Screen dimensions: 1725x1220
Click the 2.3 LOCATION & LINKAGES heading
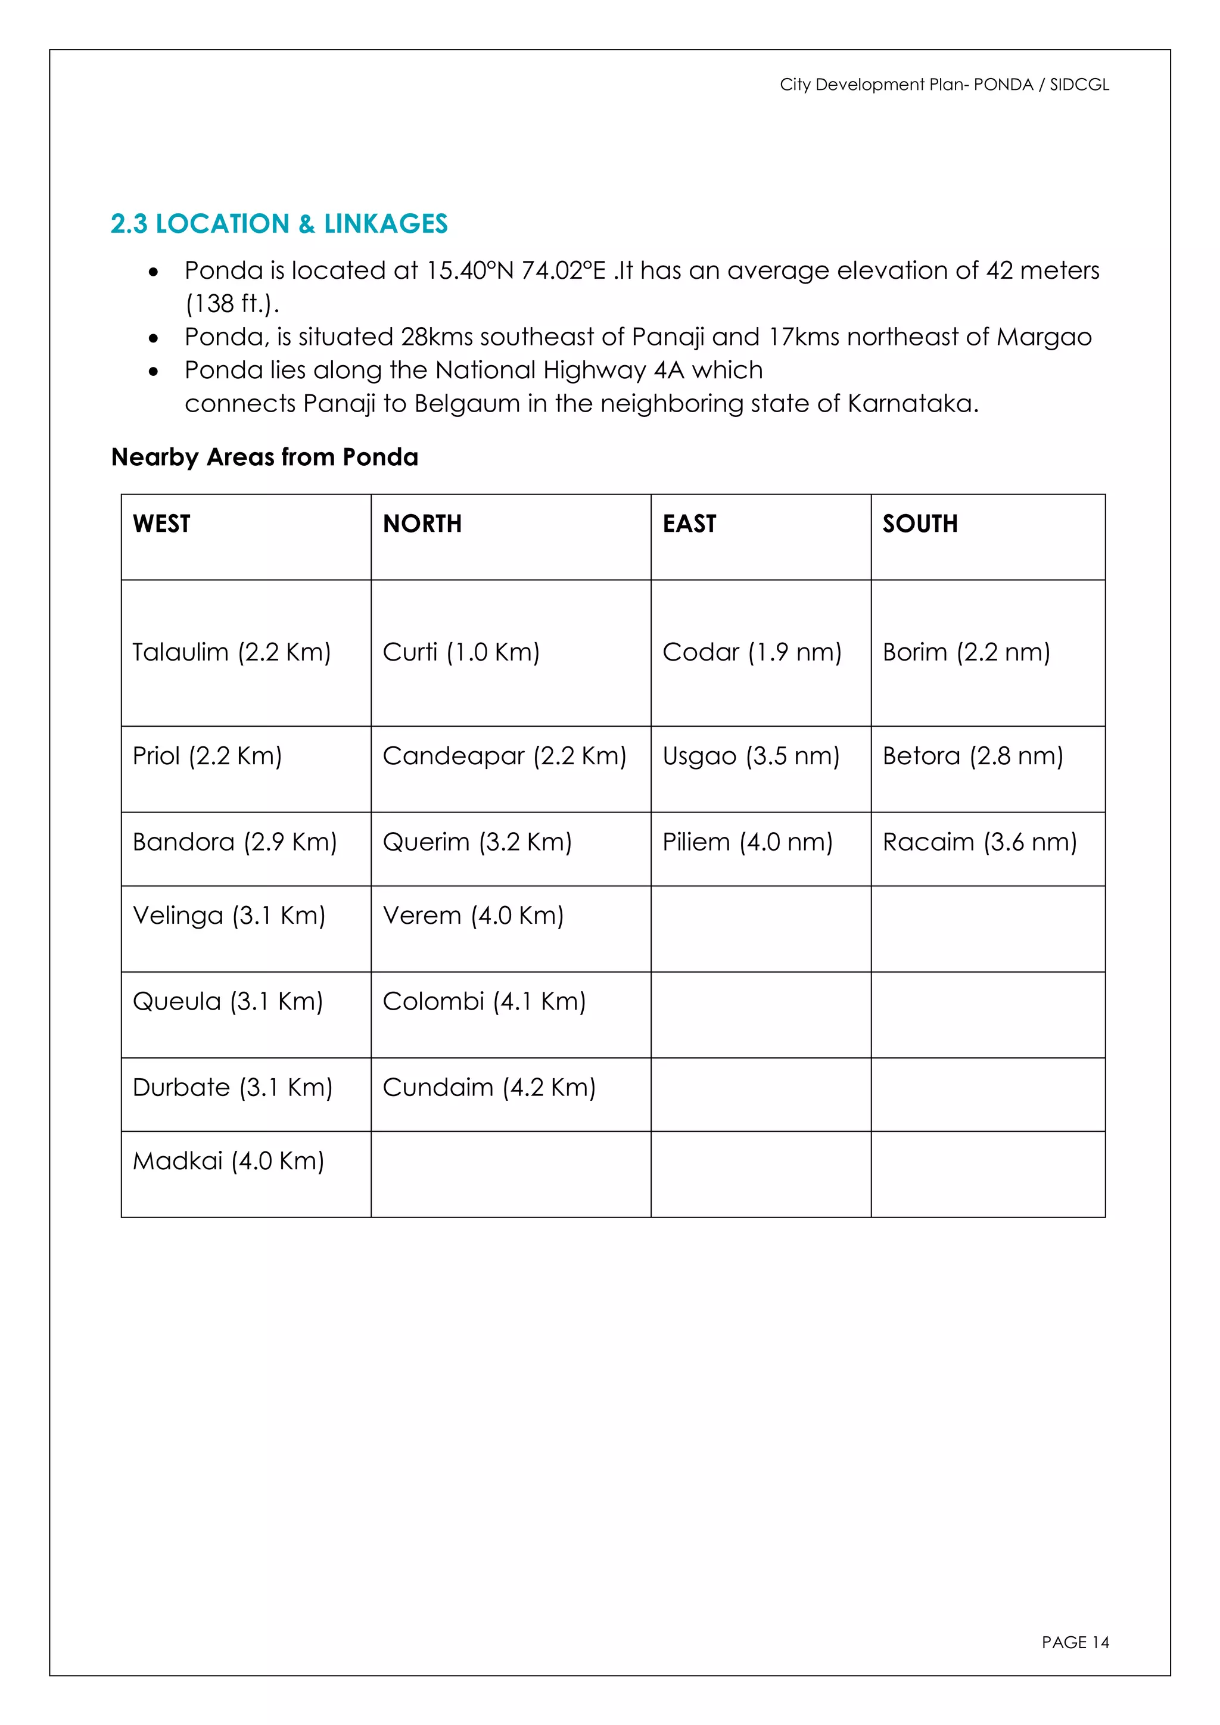[279, 224]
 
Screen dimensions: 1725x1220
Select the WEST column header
[161, 524]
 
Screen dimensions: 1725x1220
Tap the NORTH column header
[422, 524]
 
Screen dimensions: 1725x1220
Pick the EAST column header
[689, 524]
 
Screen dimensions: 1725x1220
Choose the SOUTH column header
[920, 524]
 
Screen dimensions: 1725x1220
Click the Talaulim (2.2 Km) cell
[231, 652]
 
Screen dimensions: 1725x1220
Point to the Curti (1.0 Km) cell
[461, 652]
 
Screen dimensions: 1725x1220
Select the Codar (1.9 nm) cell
[752, 652]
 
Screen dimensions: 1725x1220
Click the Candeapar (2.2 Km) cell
[504, 756]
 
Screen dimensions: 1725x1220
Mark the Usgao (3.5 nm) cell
[751, 756]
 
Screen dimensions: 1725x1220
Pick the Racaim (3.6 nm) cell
[979, 842]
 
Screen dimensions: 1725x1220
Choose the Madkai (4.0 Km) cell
[228, 1162]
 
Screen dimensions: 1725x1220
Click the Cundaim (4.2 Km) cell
[489, 1088]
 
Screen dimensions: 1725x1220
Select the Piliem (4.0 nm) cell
[748, 842]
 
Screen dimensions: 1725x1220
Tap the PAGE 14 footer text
[1075, 1642]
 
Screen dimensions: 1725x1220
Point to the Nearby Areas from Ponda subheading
[264, 457]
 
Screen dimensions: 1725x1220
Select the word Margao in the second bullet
[1044, 337]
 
